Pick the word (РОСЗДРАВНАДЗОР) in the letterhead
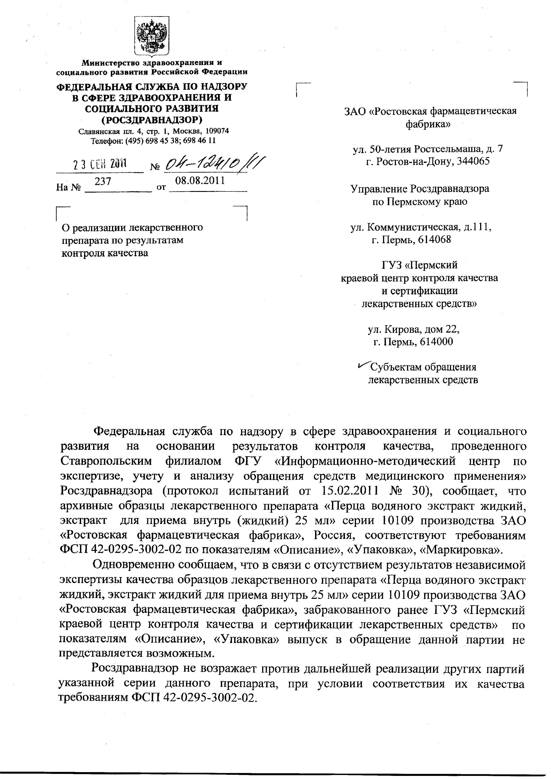click(x=152, y=120)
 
